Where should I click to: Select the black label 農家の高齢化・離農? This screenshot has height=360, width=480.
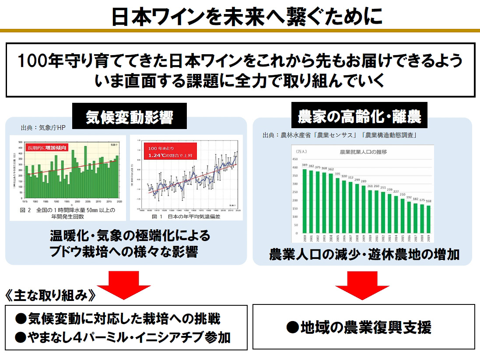359,117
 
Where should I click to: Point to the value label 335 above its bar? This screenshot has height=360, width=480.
337,174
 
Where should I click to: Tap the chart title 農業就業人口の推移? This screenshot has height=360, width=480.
363,152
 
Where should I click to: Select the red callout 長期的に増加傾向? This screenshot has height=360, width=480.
47,147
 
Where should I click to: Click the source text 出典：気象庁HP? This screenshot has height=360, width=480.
43,128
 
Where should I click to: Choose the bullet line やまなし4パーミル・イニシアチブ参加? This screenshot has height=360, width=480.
123,338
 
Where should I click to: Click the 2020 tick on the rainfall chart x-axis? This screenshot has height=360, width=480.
120,202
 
